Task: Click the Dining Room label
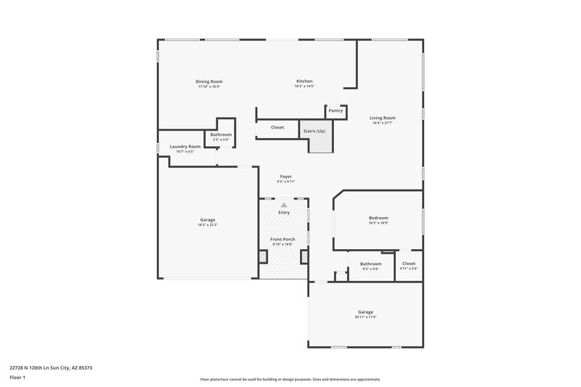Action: click(208, 81)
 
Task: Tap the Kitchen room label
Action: click(304, 81)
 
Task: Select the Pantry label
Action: click(335, 111)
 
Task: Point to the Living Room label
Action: click(382, 118)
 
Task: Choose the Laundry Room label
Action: click(185, 147)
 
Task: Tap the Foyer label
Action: click(287, 176)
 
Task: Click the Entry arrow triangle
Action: click(284, 205)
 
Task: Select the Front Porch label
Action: click(283, 239)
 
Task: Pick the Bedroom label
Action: click(378, 218)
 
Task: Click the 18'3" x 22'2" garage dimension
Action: click(208, 225)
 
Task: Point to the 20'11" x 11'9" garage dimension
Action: click(365, 317)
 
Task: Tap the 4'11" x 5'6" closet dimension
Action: click(409, 269)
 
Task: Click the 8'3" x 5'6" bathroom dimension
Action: click(370, 269)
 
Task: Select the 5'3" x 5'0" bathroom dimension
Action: click(221, 139)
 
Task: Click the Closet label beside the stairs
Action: click(277, 128)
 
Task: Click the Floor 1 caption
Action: click(17, 378)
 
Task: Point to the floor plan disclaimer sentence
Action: click(290, 379)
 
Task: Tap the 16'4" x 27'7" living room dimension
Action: click(382, 123)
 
